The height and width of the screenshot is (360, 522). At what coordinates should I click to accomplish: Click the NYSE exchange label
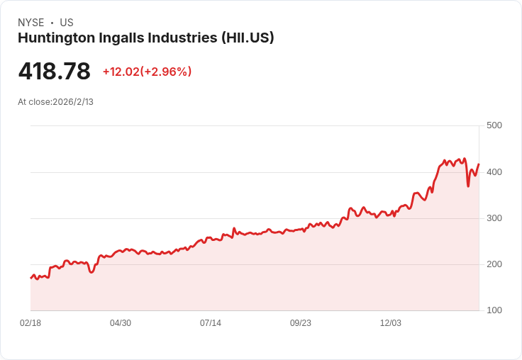pos(30,23)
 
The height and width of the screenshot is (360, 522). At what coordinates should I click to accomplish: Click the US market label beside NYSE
pos(67,23)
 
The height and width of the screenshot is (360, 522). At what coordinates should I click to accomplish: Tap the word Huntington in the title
pos(54,38)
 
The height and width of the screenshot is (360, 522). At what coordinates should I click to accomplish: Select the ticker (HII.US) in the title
pos(248,38)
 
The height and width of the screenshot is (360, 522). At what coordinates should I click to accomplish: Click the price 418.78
pos(55,72)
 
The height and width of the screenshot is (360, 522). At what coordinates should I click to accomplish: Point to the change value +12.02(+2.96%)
pos(147,72)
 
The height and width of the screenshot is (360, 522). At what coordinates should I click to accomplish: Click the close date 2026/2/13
pos(73,102)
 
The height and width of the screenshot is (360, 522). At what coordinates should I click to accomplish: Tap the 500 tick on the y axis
pos(494,125)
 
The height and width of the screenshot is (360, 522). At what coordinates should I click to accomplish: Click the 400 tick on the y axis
pos(494,172)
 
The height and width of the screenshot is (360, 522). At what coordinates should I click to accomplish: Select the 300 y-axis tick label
pos(494,218)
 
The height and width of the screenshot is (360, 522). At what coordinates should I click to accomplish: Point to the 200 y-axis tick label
pos(494,264)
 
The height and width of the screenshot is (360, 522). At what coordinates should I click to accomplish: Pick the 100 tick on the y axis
pos(494,310)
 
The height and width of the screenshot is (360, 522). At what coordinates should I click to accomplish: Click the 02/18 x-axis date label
pos(30,323)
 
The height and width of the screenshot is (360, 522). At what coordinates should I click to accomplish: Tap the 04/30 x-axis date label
pos(121,323)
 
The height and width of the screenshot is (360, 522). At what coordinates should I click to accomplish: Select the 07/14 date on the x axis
pos(211,323)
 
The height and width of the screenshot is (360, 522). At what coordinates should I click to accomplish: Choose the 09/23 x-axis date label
pos(301,323)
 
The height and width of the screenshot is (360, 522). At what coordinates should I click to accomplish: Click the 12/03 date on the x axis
pos(391,323)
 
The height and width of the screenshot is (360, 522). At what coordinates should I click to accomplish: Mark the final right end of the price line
pos(479,164)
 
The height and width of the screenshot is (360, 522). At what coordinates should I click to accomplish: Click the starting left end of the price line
pos(30,278)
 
